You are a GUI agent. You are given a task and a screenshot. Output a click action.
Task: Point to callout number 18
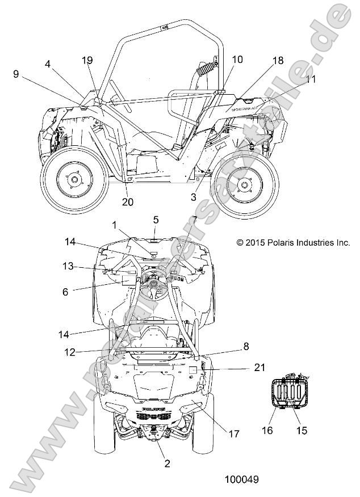[x=277, y=60]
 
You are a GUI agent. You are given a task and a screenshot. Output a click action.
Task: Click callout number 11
[x=310, y=79]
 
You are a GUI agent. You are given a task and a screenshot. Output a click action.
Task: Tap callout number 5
[x=156, y=219]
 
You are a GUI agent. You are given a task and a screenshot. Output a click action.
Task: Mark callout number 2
[x=167, y=464]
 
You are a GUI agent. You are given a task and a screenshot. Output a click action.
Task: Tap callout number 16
[x=267, y=431]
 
